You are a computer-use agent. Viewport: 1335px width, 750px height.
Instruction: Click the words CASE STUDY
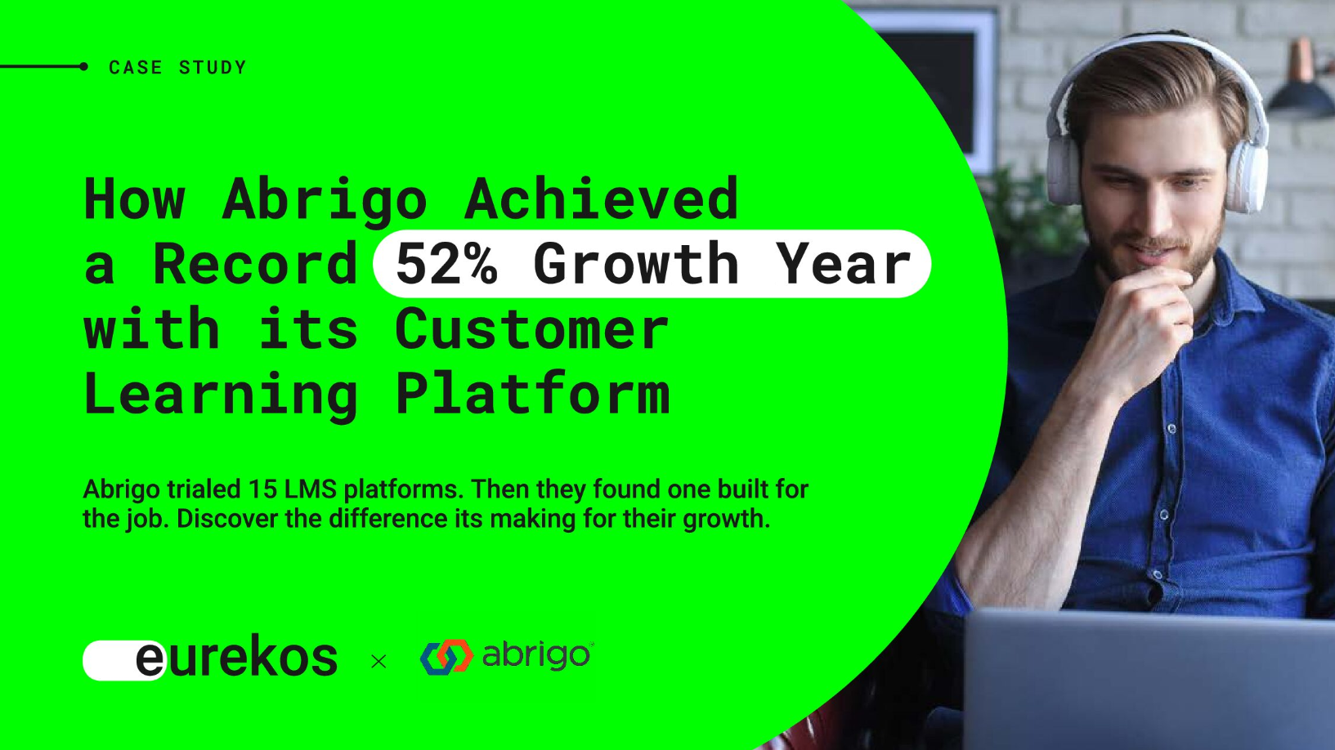tap(177, 67)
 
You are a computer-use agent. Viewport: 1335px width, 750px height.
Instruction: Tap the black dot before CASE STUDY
tap(83, 67)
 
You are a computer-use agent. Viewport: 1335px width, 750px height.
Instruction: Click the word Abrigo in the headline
tap(325, 200)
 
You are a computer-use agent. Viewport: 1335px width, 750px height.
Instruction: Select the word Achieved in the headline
tap(601, 198)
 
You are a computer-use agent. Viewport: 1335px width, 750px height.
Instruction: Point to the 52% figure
tap(446, 263)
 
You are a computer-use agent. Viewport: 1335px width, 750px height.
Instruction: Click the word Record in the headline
tap(255, 263)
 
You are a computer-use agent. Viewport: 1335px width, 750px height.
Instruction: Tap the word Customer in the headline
tap(531, 328)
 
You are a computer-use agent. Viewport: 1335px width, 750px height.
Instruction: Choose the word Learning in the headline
tap(221, 395)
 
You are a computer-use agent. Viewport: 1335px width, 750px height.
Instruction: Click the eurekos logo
tap(210, 658)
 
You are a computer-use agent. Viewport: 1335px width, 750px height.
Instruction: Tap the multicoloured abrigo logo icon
tap(447, 657)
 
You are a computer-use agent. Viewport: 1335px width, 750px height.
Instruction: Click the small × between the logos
tap(379, 661)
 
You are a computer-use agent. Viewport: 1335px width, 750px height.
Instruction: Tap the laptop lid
tap(1149, 679)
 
